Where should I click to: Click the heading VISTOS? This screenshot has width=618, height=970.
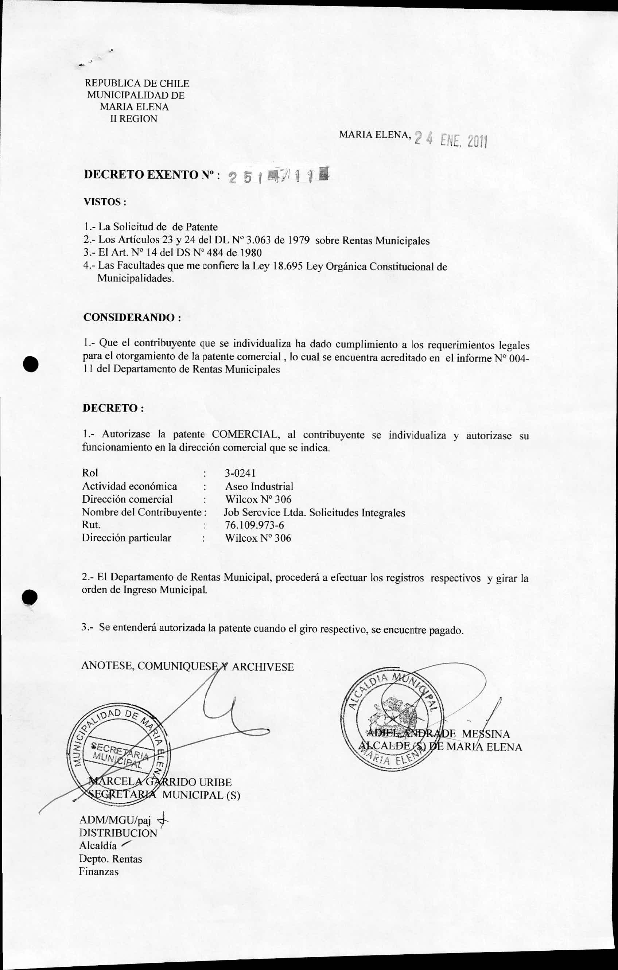click(x=104, y=202)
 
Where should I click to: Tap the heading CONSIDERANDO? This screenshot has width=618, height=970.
click(x=131, y=317)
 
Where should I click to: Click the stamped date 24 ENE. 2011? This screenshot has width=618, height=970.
click(x=451, y=139)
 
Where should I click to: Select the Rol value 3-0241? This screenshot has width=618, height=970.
click(x=240, y=473)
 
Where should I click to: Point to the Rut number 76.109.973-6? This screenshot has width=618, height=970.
click(x=254, y=525)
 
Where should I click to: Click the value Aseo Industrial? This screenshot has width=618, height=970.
click(x=259, y=486)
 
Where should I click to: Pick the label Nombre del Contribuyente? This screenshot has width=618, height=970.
click(x=142, y=512)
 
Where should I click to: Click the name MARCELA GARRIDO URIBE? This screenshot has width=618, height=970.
click(x=160, y=782)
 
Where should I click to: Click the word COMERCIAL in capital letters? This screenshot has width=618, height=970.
click(x=245, y=434)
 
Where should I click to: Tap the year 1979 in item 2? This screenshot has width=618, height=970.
click(x=298, y=241)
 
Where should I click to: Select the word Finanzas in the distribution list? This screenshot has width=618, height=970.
click(x=99, y=871)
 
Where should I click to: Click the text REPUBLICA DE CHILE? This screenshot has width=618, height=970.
click(x=137, y=83)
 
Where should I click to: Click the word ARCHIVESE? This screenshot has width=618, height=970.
click(x=263, y=667)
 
